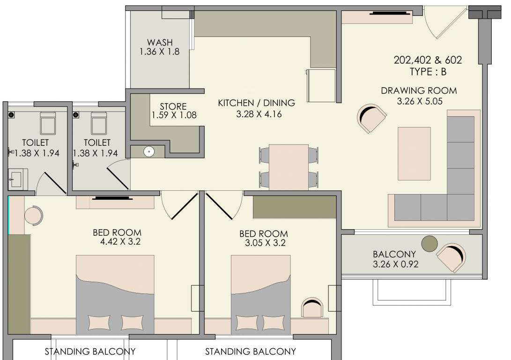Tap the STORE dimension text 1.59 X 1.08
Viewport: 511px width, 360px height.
pos(173,115)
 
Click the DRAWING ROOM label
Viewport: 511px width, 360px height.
pos(418,90)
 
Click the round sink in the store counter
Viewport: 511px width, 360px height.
pos(148,151)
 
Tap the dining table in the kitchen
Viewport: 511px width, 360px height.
pos(289,166)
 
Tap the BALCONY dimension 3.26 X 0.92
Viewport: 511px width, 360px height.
pos(395,264)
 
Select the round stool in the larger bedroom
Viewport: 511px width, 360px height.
pos(33,216)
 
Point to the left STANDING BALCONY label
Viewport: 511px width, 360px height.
pos(90,351)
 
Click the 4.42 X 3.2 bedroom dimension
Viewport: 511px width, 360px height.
pos(117,242)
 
